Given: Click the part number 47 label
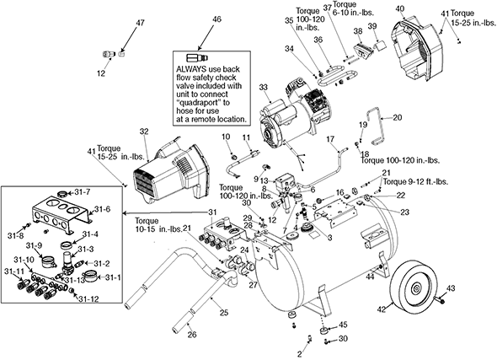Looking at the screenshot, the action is coord(140,23).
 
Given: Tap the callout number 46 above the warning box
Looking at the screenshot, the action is coord(216,19).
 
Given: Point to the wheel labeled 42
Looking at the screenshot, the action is coord(413,290).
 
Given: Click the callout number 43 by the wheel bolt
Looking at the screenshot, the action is coord(451,288).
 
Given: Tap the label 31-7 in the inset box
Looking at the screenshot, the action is coord(83,192).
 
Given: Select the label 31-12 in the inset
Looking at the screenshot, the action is coord(88,298).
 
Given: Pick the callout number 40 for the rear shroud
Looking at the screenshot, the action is coord(400,8).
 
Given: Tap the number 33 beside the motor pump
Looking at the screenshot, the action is coord(264,87).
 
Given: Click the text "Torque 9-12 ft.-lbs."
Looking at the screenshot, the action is coord(415,182).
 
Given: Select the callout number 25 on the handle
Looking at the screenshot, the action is coord(224,313).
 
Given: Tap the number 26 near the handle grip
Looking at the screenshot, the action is coord(192,335).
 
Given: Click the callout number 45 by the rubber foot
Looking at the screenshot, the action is coord(343,325).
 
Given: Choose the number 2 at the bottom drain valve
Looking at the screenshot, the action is coord(300,353).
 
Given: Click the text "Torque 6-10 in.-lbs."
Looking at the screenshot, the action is coord(354,8).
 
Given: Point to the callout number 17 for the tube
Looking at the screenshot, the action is coord(330,139).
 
